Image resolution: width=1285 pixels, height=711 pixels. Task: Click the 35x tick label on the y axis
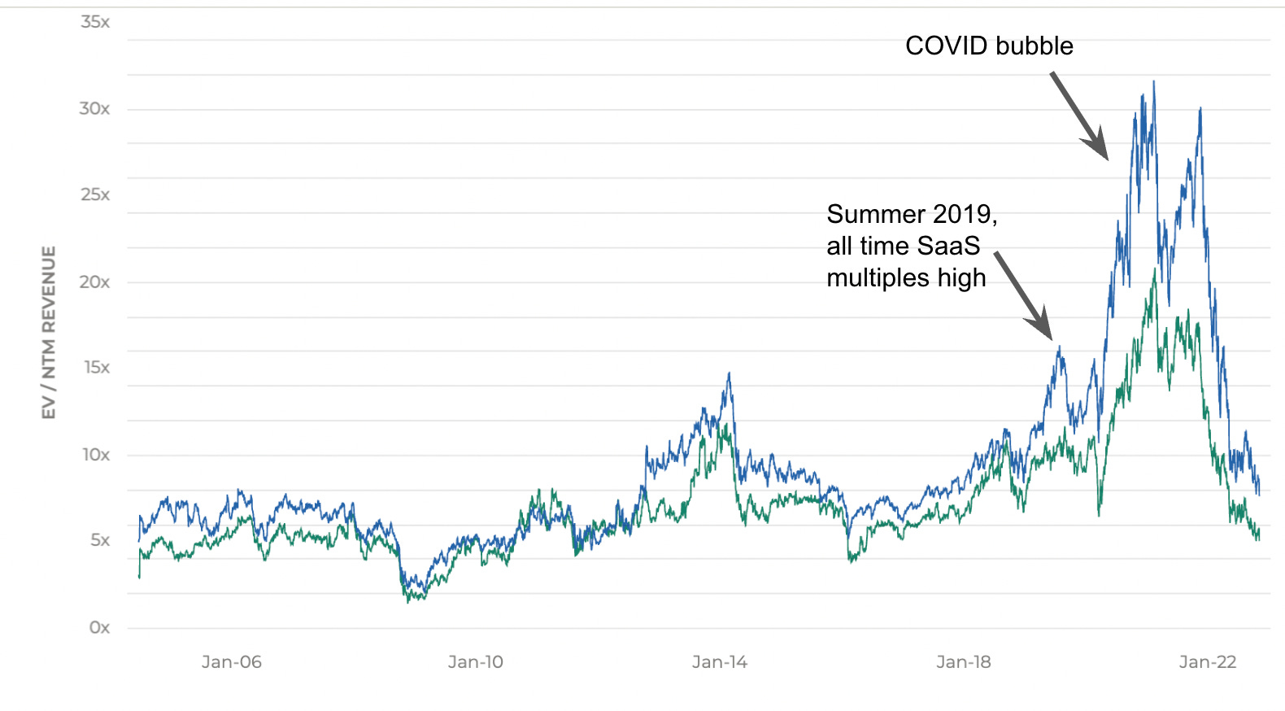(95, 22)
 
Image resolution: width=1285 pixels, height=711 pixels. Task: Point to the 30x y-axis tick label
(94, 109)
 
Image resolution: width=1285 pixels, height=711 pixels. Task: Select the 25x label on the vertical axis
(95, 194)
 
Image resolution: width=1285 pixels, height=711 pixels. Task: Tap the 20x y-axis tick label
(94, 282)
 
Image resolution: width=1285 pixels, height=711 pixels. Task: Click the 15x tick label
(96, 368)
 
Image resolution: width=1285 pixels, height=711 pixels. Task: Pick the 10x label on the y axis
(95, 455)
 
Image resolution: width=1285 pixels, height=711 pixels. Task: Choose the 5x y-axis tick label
(99, 540)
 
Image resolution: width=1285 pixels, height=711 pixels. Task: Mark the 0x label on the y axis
(99, 627)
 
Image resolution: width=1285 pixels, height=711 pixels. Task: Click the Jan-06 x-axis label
(232, 662)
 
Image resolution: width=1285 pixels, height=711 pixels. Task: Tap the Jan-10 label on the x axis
(476, 662)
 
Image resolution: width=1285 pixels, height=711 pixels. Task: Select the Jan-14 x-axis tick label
(720, 662)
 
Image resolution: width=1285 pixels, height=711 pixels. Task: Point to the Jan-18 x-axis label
(964, 662)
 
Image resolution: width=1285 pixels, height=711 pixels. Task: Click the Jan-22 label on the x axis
(1208, 662)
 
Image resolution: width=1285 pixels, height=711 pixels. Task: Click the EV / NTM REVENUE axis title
(50, 333)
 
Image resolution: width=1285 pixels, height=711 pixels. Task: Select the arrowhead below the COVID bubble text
(1100, 147)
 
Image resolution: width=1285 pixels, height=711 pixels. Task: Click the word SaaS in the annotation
(948, 246)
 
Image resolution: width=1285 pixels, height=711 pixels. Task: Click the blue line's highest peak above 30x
(1153, 82)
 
